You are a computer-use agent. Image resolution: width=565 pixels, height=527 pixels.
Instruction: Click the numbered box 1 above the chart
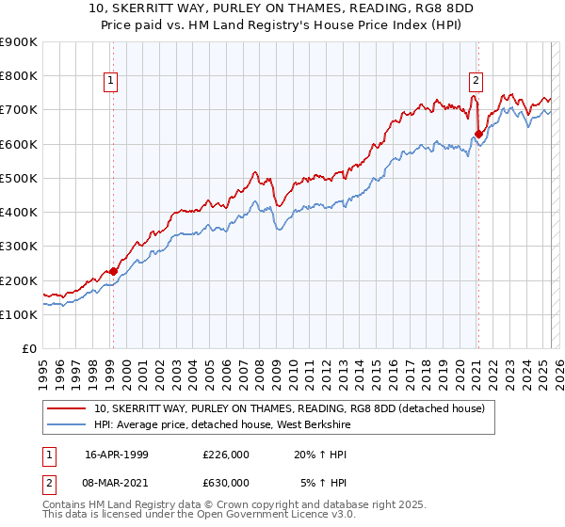click(x=112, y=82)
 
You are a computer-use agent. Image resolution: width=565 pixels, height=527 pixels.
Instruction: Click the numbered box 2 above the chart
click(x=476, y=82)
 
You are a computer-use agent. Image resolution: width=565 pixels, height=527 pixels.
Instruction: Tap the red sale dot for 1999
click(x=113, y=272)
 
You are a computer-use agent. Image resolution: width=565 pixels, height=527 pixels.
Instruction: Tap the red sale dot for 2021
click(x=478, y=134)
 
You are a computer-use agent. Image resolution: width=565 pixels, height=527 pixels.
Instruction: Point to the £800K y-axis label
click(x=19, y=75)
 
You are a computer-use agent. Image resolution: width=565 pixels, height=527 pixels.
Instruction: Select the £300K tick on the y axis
click(x=19, y=247)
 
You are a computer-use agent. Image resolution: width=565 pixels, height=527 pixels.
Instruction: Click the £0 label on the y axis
click(x=28, y=349)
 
